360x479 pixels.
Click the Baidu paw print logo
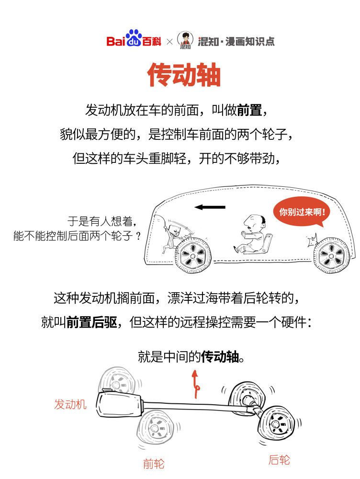135,36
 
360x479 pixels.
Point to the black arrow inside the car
210,207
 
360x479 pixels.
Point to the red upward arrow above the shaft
194,383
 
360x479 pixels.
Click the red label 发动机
70,404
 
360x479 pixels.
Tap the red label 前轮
154,463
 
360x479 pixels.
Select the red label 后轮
279,460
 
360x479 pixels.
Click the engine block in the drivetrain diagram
120,405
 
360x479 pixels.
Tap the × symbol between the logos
169,42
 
